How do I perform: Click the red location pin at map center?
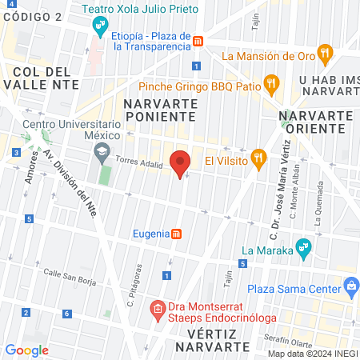tap(181, 162)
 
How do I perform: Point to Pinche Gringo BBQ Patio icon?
tap(272, 83)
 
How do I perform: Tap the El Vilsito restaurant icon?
tap(258, 158)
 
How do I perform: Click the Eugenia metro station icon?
tap(177, 234)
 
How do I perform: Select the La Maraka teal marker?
tap(302, 248)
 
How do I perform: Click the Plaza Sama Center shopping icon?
tap(350, 286)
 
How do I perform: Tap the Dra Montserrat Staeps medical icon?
tap(158, 308)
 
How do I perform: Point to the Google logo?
tap(26, 350)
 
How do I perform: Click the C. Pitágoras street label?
tap(134, 286)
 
